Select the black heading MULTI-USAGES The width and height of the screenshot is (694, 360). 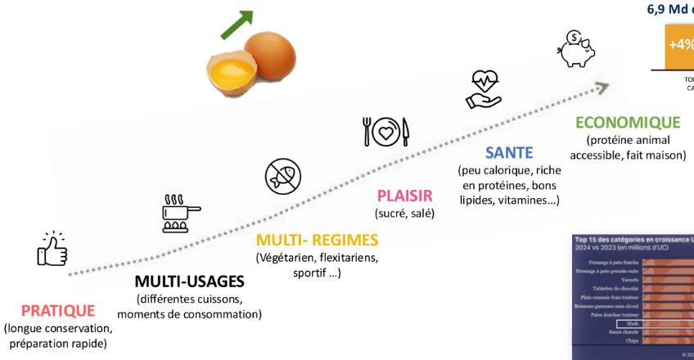(189, 282)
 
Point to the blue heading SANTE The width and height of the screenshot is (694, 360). (508, 152)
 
